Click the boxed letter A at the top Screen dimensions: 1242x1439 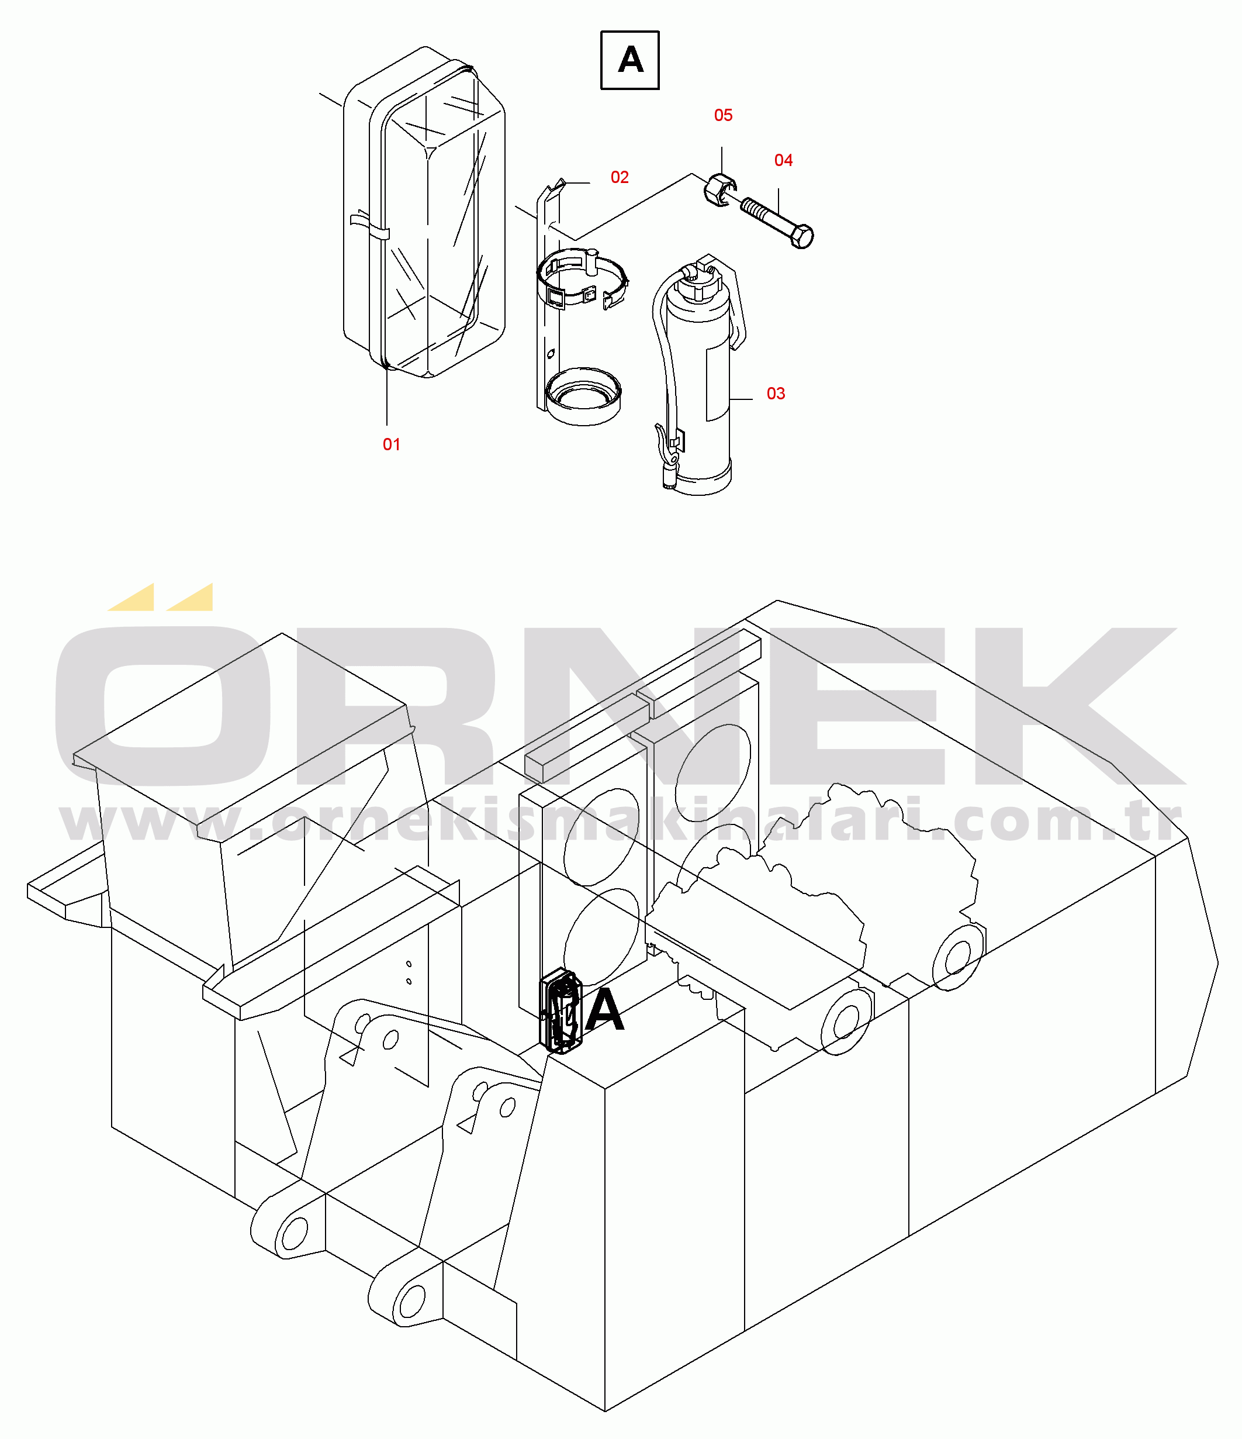click(629, 60)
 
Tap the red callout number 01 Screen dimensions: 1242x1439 click(392, 444)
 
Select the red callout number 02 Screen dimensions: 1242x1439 click(620, 178)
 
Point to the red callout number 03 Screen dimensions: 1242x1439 click(776, 394)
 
